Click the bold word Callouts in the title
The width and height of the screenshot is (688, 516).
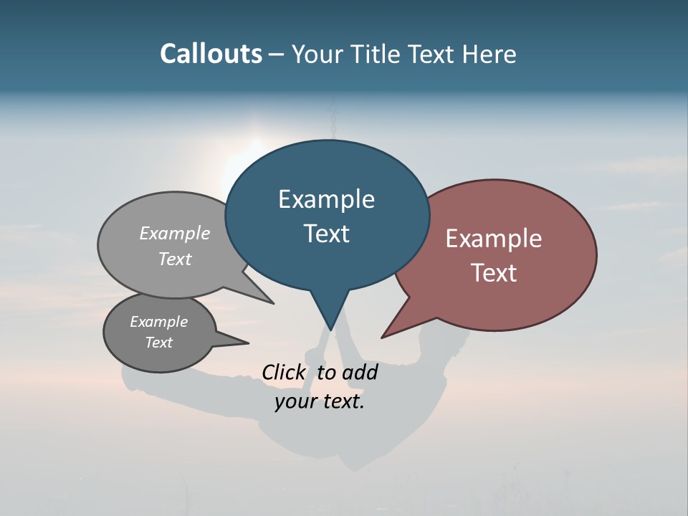point(211,54)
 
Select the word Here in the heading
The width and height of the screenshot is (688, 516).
point(489,54)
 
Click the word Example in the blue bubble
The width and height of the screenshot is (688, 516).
point(326,199)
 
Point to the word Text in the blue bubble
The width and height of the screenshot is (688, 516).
point(326,234)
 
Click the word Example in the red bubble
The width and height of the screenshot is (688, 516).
point(494,239)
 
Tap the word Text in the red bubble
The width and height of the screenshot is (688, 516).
point(494,273)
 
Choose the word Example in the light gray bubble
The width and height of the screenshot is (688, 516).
point(175,233)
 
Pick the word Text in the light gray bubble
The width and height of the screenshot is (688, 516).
point(175,259)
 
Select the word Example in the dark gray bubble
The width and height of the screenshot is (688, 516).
point(159,322)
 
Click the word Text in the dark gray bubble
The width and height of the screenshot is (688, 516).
point(159,343)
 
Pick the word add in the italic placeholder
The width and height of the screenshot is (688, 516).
point(360,372)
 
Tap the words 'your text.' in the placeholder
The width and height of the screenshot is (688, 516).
point(320,401)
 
